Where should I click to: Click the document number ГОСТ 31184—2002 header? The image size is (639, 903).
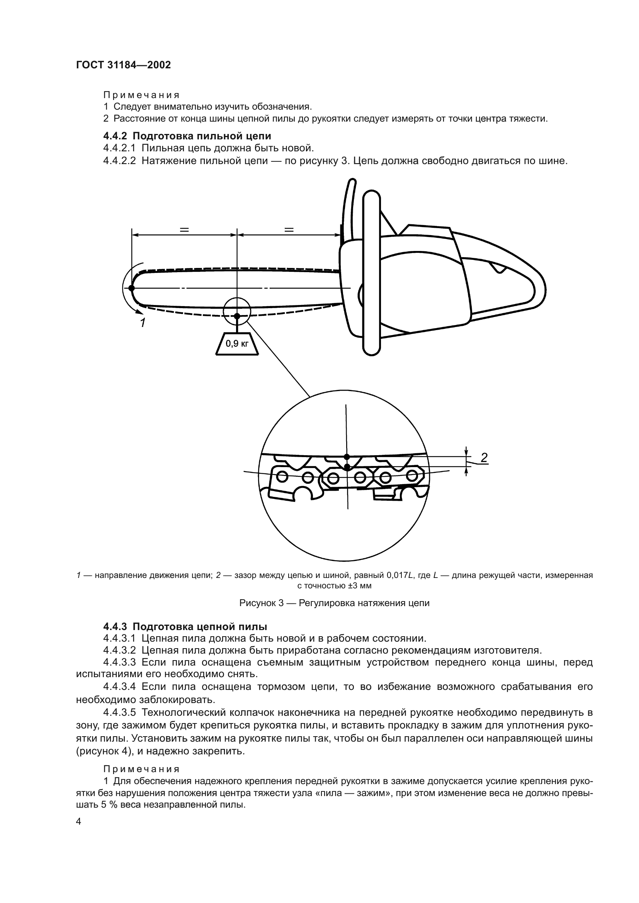tap(123, 65)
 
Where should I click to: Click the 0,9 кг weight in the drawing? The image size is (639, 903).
tap(237, 344)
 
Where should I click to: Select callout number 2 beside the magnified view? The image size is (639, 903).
tap(484, 457)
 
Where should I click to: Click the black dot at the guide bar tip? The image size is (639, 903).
tap(131, 288)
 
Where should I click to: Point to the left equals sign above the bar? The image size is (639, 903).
tap(184, 230)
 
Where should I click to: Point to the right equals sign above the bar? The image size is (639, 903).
tap(289, 230)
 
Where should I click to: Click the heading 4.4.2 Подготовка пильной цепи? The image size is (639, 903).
tap(187, 136)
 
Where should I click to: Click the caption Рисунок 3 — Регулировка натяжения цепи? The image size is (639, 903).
tap(335, 603)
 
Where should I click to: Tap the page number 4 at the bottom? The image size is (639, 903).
tap(79, 822)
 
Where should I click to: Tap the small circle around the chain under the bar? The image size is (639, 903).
tap(237, 310)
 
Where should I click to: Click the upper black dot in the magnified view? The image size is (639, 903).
tap(347, 457)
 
